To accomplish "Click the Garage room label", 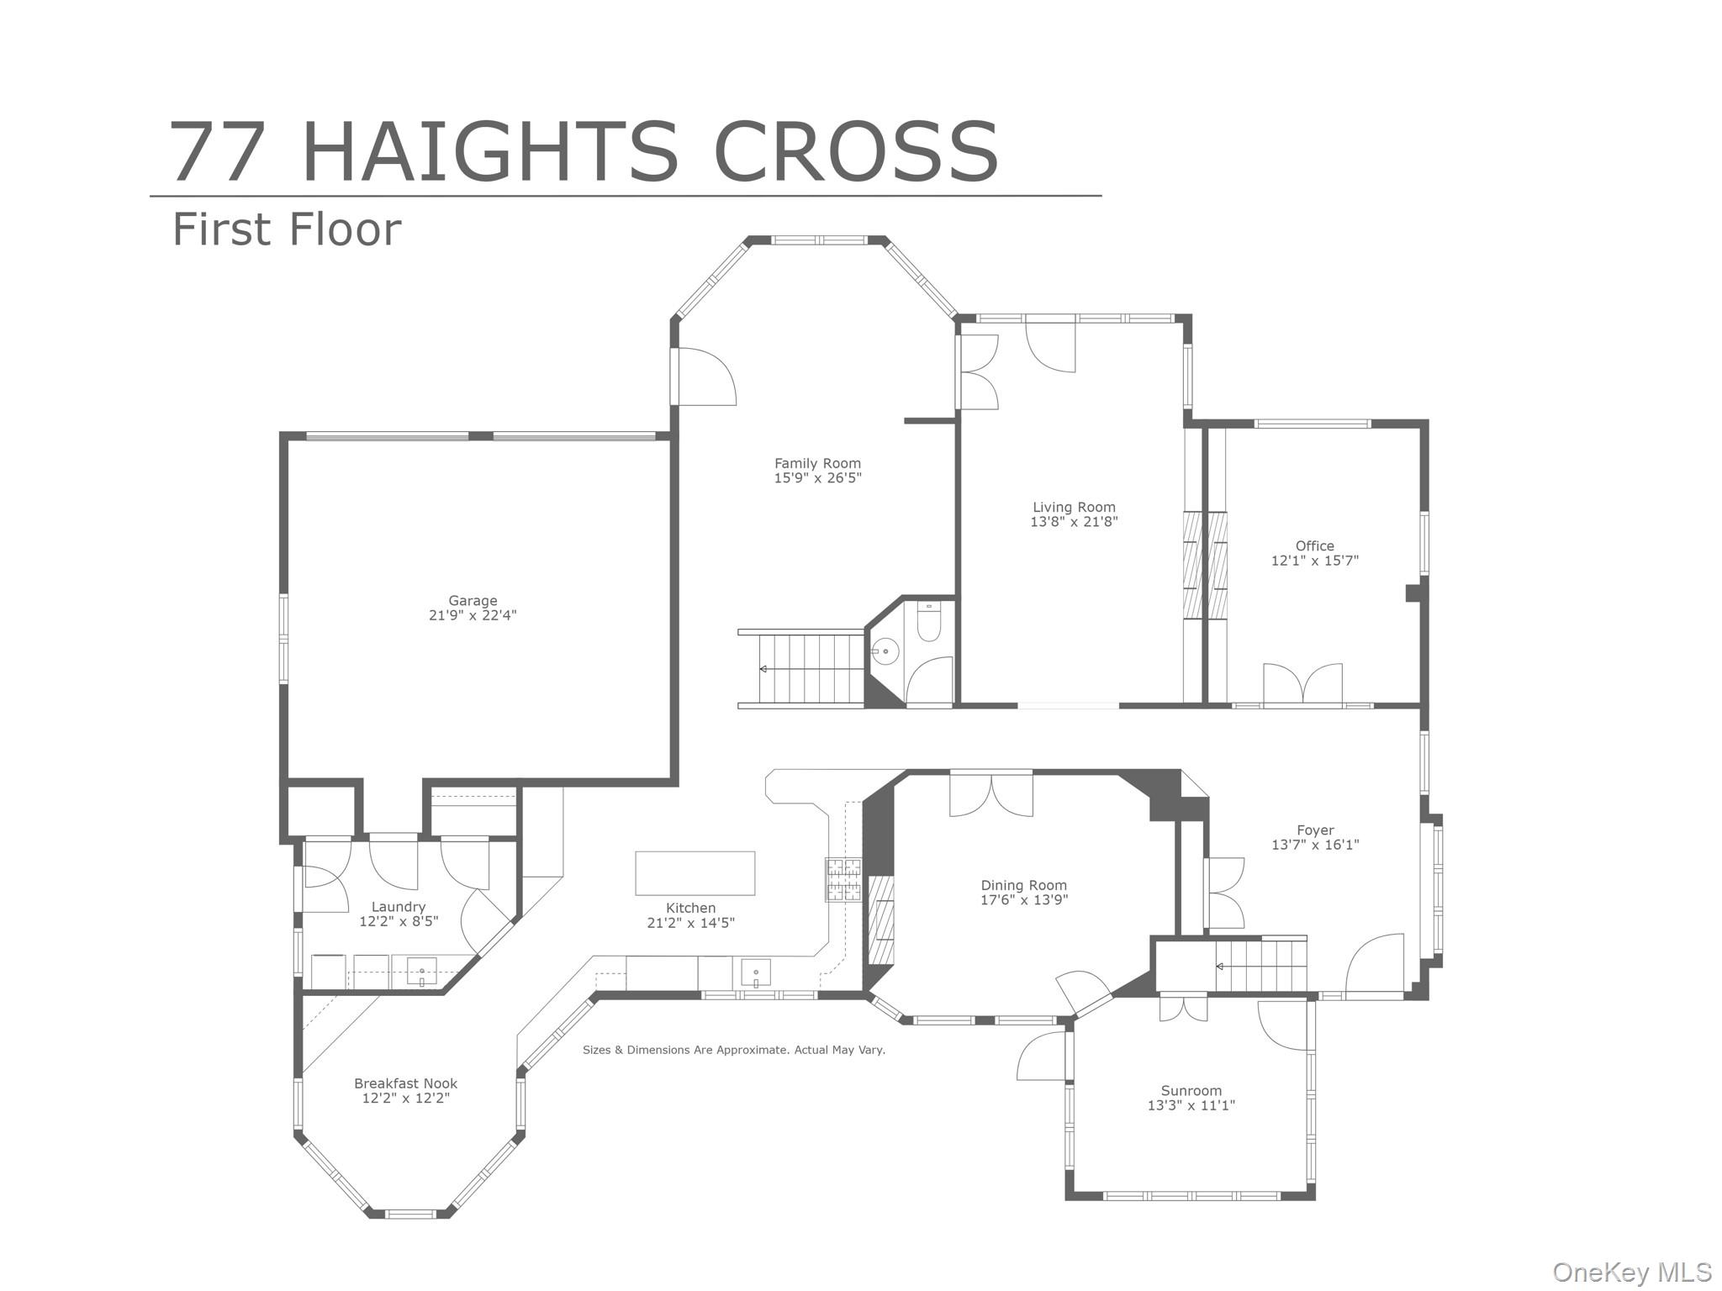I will (473, 600).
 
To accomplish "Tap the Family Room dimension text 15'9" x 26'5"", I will (817, 478).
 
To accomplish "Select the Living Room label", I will (1074, 507).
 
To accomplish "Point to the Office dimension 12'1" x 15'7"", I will (1314, 561).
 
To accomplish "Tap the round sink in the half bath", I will (885, 651).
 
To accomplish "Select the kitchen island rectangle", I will (695, 873).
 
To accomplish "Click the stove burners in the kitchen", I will (843, 880).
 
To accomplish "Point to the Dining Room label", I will (1023, 885).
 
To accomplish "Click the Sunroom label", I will (1191, 1091).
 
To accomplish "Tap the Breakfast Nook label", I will (405, 1083).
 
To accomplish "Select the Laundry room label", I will (399, 907).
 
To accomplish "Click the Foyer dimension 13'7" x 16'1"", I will (1314, 845).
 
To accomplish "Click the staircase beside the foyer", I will (1260, 966).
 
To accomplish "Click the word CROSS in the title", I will (855, 152).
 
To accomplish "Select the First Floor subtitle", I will (287, 229).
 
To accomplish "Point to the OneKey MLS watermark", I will (1631, 1272).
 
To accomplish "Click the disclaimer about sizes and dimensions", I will (733, 1050).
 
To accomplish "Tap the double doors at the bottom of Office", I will (1302, 684).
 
